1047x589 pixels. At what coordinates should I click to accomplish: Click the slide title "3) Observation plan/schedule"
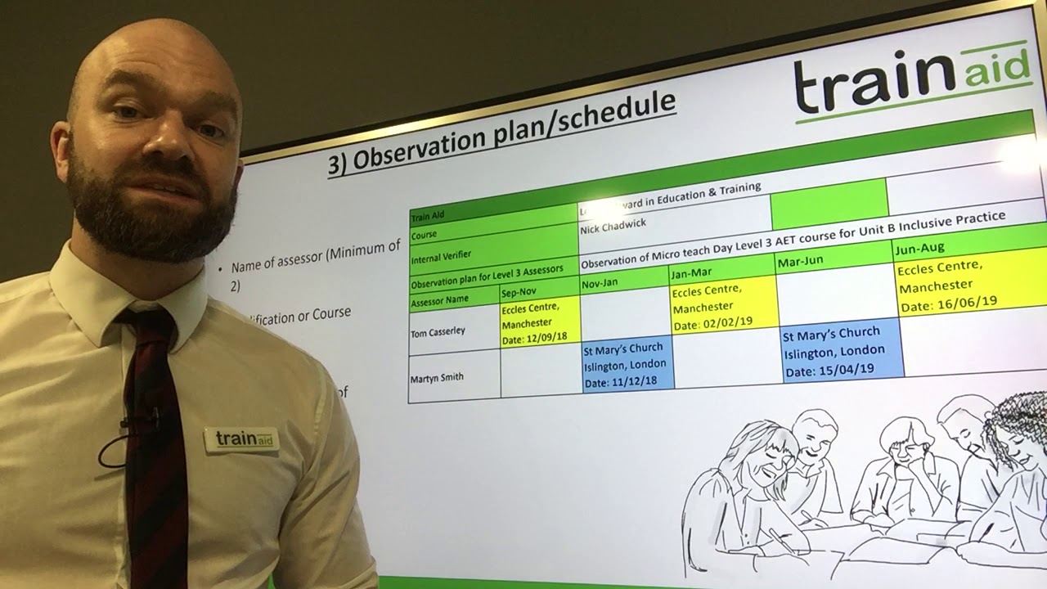501,133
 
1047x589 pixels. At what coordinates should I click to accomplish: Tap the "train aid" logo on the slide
912,79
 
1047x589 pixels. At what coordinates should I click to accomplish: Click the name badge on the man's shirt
242,439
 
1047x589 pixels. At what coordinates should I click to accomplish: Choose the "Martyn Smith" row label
437,377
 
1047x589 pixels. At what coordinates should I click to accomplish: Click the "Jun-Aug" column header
920,247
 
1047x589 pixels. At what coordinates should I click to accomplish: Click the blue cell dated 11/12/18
626,365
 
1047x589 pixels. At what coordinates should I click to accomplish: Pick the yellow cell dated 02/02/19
721,307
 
